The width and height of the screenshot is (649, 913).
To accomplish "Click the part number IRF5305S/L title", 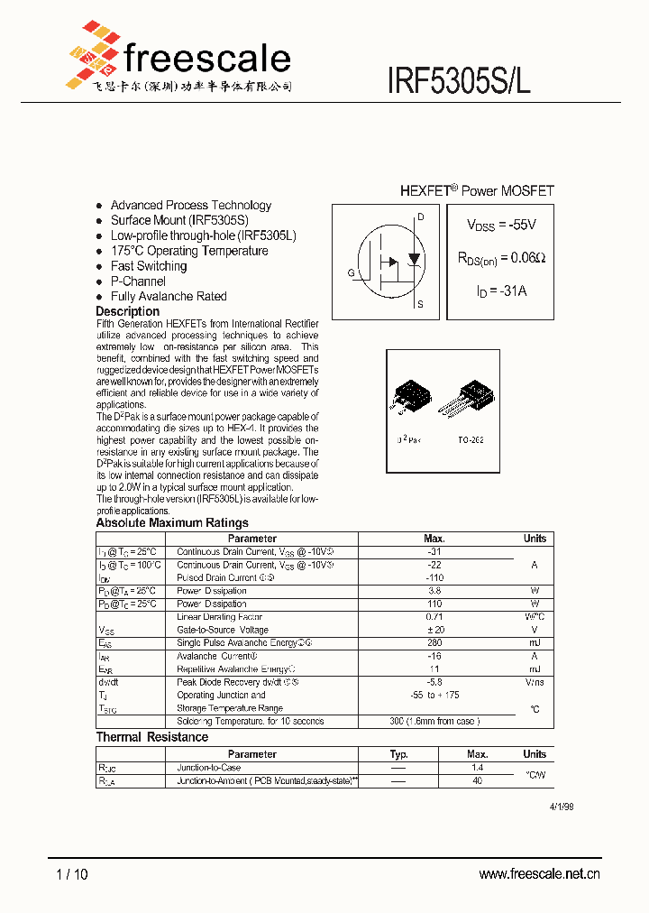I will click(459, 80).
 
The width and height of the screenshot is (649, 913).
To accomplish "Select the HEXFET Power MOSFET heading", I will click(477, 191).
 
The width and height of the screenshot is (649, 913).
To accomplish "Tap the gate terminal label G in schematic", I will click(351, 272).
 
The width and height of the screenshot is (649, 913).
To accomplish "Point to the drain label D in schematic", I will click(420, 217).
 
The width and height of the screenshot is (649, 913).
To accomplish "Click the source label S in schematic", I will click(420, 304).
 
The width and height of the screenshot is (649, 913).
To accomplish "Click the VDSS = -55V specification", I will click(500, 225).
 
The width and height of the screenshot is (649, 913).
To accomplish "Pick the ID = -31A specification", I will click(500, 290).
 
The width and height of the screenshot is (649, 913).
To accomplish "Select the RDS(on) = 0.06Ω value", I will click(500, 258).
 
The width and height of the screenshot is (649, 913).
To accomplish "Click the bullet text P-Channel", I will click(138, 281).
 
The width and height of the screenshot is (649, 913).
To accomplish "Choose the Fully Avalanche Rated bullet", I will click(169, 296).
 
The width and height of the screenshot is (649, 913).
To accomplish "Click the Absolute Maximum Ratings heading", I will click(172, 522).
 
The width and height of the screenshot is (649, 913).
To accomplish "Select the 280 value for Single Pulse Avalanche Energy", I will click(434, 643).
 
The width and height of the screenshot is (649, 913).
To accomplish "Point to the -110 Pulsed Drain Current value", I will click(434, 577).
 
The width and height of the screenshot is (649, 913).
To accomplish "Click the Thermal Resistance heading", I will click(152, 737).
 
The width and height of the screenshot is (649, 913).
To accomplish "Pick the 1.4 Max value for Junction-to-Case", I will click(477, 768).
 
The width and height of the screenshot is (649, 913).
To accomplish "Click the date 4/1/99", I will click(561, 807).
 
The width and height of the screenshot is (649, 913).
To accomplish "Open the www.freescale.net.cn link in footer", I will click(539, 873).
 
